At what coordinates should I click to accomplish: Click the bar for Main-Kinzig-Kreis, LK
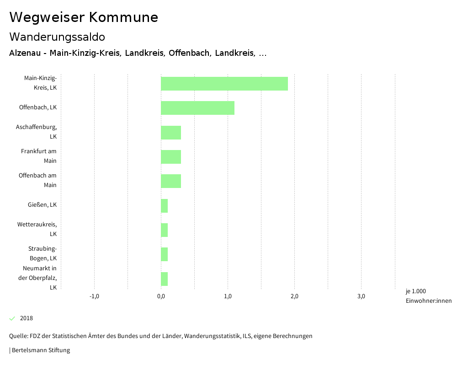click(224, 84)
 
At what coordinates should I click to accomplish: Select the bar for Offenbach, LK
click(197, 108)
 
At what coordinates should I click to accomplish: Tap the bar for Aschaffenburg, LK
click(171, 133)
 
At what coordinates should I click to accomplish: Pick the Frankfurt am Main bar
click(171, 157)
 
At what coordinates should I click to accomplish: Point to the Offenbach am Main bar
click(171, 181)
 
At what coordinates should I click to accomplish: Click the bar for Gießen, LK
click(165, 206)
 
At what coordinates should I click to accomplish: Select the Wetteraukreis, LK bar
click(165, 230)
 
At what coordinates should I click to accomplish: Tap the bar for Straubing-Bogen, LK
click(165, 254)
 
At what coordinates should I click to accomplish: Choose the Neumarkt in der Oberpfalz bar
click(165, 279)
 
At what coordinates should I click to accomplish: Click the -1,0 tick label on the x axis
click(94, 296)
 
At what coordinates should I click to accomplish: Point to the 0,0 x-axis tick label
click(161, 296)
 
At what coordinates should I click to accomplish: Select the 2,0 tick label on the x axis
click(294, 296)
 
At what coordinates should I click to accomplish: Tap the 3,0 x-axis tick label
click(361, 296)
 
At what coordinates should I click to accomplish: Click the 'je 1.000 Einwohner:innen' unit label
click(428, 296)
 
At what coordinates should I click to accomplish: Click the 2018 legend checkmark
click(12, 318)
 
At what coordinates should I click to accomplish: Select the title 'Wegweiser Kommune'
click(84, 17)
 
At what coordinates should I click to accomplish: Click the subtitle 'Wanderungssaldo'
click(57, 37)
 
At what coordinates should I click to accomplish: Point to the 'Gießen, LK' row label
click(42, 205)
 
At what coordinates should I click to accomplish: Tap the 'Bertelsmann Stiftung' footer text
click(41, 350)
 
